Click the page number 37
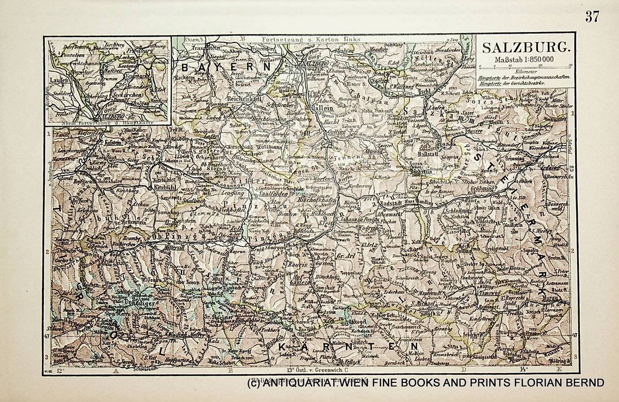coord(592,17)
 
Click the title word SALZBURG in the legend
coord(526,48)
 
